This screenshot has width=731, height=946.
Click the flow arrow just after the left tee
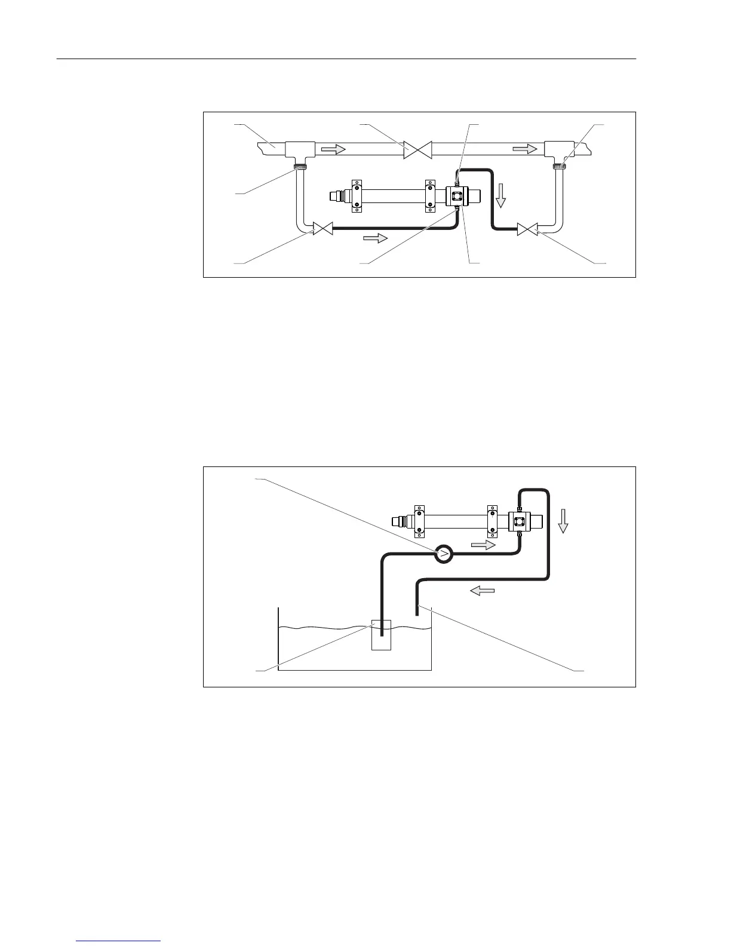(x=333, y=149)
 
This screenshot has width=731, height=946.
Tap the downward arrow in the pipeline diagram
(x=500, y=196)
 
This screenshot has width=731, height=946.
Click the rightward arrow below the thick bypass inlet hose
(x=375, y=238)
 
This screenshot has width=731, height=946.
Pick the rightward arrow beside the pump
(x=483, y=545)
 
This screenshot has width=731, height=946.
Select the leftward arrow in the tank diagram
(x=483, y=591)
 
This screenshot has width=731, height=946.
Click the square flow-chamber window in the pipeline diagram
(x=457, y=195)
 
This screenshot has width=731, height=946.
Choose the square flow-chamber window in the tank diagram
(x=518, y=521)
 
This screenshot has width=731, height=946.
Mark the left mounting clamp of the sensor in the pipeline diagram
(x=357, y=196)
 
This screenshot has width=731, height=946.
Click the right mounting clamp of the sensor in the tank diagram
(x=492, y=521)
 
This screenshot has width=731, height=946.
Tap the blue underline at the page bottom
(x=119, y=941)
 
